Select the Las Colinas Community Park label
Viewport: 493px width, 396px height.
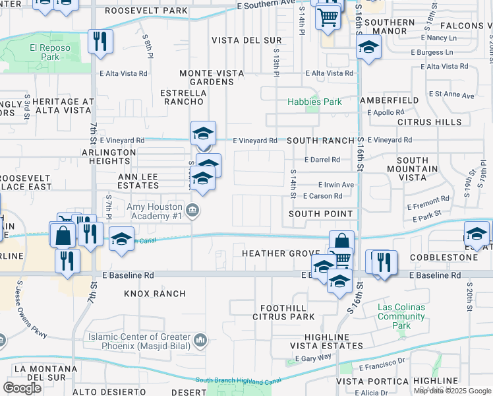[x=401, y=316]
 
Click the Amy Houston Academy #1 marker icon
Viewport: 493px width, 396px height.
[x=192, y=211]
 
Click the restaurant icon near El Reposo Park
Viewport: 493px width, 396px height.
[x=100, y=41]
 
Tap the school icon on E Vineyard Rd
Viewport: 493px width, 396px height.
[x=203, y=133]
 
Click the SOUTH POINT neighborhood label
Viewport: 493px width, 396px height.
[x=322, y=214]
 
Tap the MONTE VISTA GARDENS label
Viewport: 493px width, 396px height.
[x=208, y=77]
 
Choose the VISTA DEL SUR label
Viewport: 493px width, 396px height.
[x=246, y=40]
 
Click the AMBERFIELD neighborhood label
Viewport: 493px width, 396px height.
[x=389, y=100]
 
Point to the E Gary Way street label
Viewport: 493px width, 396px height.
[x=318, y=357]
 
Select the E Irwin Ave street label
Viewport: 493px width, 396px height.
[x=335, y=185]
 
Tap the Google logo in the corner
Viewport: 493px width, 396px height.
[x=22, y=387]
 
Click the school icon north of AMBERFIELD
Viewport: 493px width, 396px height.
[x=368, y=48]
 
